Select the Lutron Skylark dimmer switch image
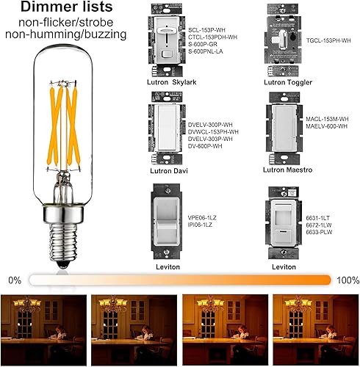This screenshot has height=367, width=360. click(167, 40)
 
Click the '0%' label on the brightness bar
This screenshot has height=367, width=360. click(15, 280)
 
